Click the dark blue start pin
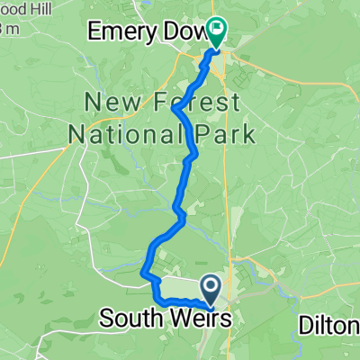click(x=211, y=289)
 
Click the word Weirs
click(x=199, y=319)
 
